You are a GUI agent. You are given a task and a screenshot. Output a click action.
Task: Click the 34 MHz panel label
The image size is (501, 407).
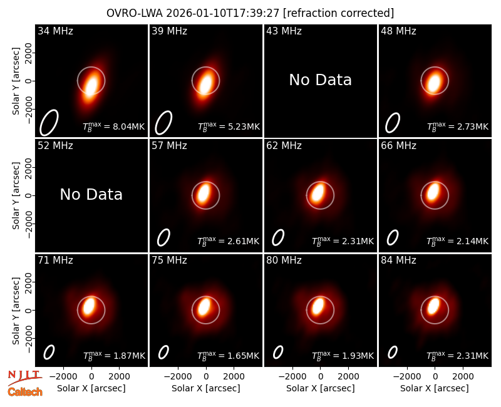click(55, 31)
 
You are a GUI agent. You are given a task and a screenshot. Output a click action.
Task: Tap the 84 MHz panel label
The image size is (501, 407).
click(398, 260)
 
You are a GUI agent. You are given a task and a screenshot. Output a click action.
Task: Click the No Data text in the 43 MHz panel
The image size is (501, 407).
click(321, 80)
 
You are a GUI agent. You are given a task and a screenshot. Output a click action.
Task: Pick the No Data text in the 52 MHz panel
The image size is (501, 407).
click(91, 195)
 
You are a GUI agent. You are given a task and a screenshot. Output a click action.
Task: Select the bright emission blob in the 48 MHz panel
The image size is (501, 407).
click(434, 82)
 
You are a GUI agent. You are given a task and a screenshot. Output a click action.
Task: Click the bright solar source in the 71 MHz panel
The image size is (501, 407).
click(89, 306)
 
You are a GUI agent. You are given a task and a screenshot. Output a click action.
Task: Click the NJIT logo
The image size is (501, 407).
click(24, 377)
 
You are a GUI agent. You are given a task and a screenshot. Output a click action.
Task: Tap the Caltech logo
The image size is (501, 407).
click(25, 392)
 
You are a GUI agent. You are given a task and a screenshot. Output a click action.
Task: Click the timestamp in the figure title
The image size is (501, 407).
click(223, 13)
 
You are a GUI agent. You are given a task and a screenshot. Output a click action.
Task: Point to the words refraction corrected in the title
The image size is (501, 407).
click(339, 13)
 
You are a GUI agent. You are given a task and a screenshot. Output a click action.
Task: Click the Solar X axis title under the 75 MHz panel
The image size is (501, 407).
click(206, 388)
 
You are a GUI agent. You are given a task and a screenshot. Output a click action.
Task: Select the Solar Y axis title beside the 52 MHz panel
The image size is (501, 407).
click(16, 195)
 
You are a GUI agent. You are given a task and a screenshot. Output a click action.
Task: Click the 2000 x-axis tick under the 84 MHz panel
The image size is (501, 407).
click(463, 377)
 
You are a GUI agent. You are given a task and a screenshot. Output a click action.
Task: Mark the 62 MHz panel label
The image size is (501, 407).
click(284, 146)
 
